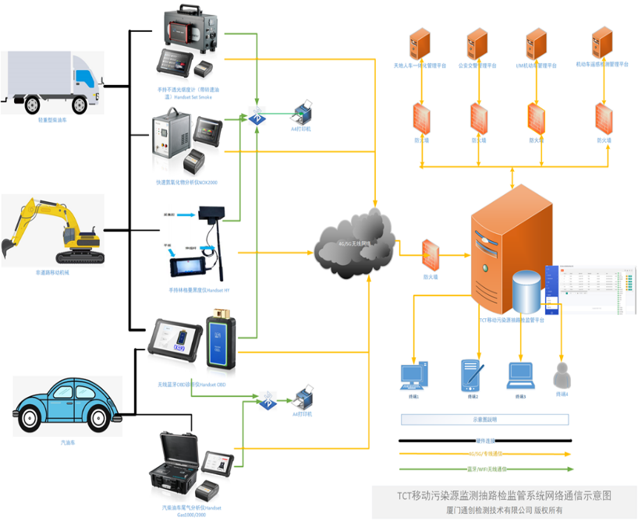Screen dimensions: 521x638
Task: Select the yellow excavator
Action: pyautogui.click(x=51, y=230)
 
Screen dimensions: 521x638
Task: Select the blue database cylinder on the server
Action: pyautogui.click(x=526, y=292)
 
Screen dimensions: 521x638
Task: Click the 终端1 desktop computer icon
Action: pyautogui.click(x=412, y=376)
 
